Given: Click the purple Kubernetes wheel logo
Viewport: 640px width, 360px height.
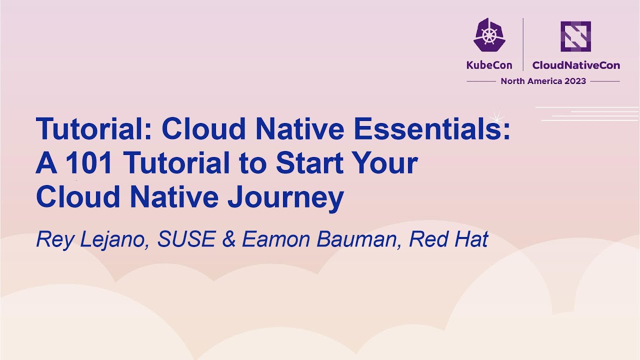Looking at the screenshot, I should point(489,35).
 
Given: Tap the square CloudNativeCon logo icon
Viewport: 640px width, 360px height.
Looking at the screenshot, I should point(575,36).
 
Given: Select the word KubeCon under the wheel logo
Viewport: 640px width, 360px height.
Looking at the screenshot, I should point(489,65).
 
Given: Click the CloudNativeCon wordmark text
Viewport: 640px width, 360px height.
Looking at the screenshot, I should point(575,65).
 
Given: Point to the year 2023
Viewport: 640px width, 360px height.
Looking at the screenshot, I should point(575,81).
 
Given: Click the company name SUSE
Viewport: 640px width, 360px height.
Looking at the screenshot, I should point(186,240).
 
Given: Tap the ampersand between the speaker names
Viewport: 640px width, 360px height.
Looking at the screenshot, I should point(228,240).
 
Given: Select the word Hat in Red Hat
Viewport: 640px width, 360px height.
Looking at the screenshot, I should point(470,240).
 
